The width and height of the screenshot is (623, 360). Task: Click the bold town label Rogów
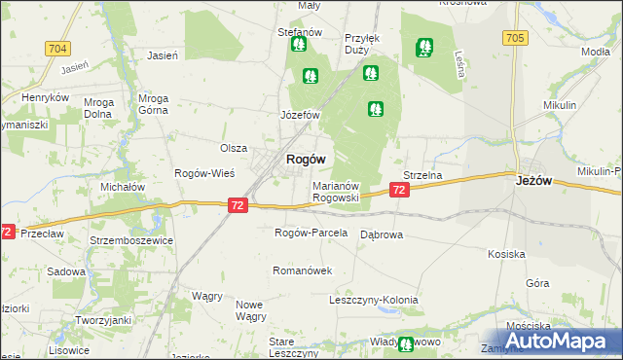[x=305, y=159]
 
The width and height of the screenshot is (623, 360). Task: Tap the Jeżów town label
[x=533, y=179]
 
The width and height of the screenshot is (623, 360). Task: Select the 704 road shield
[x=58, y=48]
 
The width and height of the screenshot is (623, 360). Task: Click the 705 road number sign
[x=516, y=38]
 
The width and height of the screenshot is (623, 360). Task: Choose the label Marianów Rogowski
[x=336, y=191]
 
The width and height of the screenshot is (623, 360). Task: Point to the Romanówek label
[x=303, y=270]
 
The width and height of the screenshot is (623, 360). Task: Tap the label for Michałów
[x=123, y=187]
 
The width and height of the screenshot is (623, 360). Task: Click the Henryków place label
[x=46, y=98]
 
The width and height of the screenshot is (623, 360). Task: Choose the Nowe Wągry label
[x=250, y=310]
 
